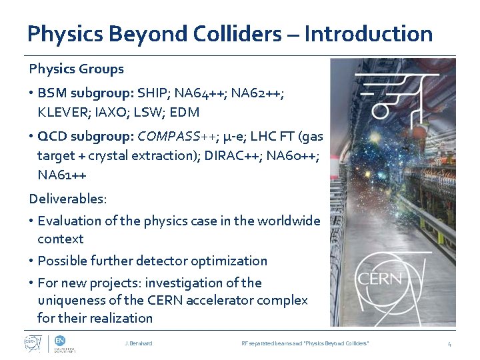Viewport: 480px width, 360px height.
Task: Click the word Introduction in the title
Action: coord(368,33)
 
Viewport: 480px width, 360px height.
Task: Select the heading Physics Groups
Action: coord(76,69)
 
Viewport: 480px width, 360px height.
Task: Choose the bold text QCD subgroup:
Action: coord(85,137)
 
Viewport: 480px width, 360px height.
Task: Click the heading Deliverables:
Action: coord(67,199)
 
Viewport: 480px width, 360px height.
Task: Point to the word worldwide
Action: coord(287,221)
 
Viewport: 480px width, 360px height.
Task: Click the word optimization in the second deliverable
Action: coord(232,261)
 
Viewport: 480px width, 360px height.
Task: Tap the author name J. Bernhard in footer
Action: coord(138,343)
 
